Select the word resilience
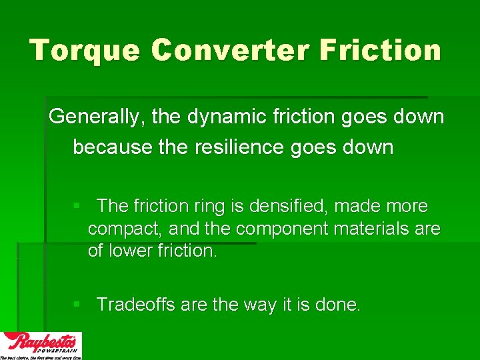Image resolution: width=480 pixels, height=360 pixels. [x=238, y=146]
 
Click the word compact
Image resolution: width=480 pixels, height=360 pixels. [x=125, y=229]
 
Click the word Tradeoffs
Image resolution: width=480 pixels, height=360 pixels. [x=137, y=305]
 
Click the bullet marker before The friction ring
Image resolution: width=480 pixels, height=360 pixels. [x=77, y=207]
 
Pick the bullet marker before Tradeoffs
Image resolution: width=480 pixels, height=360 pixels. [x=77, y=305]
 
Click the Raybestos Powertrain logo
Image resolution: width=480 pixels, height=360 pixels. [x=41, y=343]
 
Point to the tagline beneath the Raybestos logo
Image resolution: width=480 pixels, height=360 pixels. [x=41, y=357]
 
